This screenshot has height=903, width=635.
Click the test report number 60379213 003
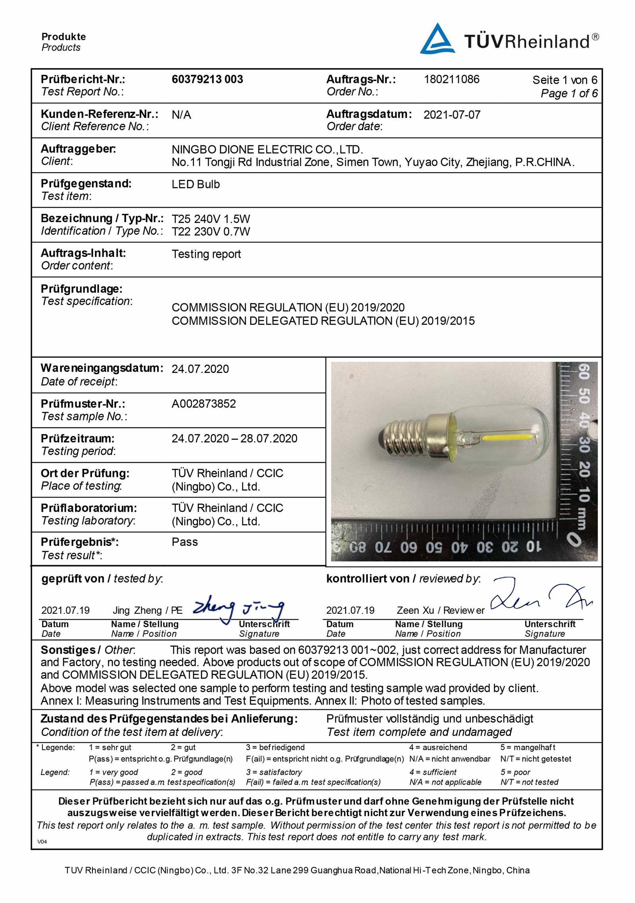(207, 79)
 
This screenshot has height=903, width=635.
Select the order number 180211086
(451, 79)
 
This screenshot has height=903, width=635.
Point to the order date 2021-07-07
(452, 115)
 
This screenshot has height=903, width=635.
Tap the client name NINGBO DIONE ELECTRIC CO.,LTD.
(267, 150)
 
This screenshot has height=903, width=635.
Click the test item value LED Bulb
(196, 184)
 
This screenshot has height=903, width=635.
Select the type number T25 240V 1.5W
(211, 219)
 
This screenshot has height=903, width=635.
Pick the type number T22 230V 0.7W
(211, 232)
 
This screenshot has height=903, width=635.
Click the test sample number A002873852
(204, 404)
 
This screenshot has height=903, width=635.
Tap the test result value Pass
(185, 542)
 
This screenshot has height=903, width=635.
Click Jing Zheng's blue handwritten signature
(238, 609)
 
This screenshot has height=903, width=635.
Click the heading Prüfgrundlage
(81, 289)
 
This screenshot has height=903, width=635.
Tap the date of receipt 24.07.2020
(200, 369)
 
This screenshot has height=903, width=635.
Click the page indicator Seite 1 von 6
(564, 80)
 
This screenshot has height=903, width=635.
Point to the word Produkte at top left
(63, 37)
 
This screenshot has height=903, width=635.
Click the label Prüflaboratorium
(89, 508)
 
